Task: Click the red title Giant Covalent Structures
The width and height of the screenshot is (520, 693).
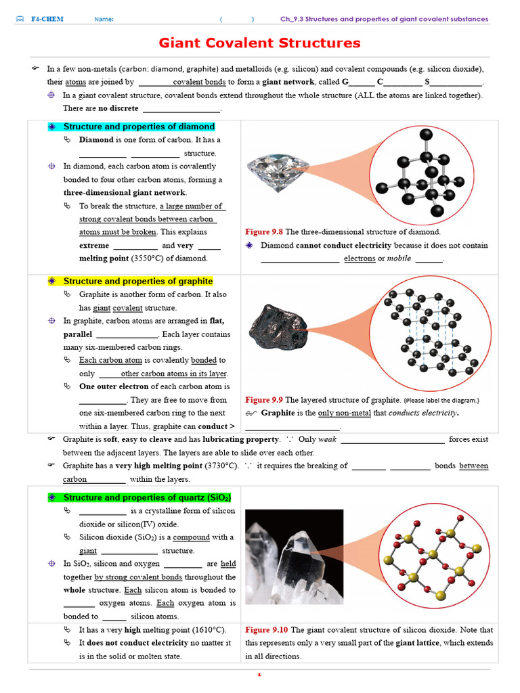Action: tap(259, 43)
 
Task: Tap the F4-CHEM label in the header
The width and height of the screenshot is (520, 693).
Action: tap(47, 19)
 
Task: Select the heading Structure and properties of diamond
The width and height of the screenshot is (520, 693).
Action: tap(139, 127)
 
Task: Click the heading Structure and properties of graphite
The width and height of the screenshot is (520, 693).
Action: tap(138, 281)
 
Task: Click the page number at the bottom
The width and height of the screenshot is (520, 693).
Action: tap(259, 675)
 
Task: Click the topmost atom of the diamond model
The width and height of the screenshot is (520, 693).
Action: tap(426, 135)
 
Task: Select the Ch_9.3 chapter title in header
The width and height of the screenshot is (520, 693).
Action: tap(384, 19)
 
